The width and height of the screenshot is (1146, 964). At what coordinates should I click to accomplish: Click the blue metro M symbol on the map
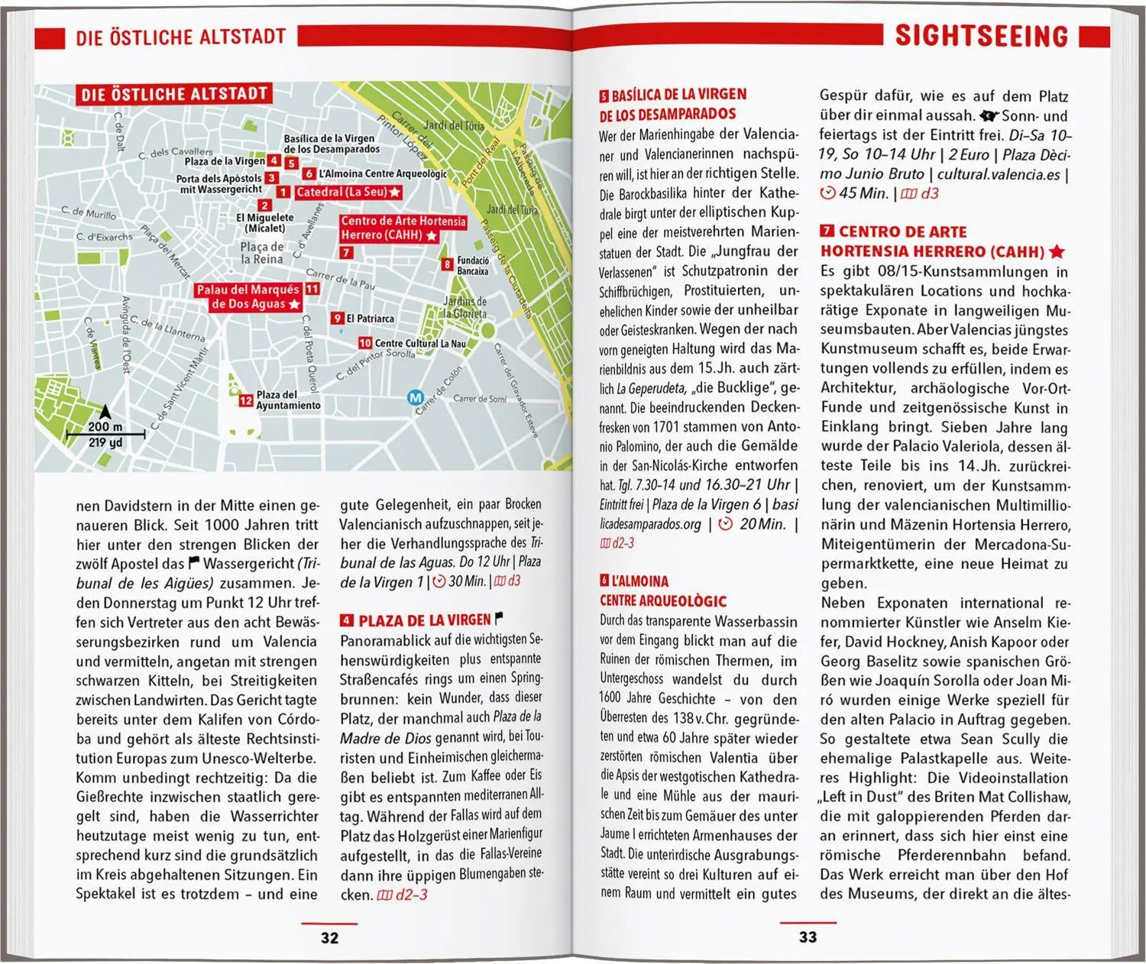point(415,398)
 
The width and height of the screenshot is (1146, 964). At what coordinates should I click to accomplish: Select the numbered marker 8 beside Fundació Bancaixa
point(447,264)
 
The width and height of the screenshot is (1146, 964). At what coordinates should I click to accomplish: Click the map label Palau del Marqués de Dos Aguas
point(248,297)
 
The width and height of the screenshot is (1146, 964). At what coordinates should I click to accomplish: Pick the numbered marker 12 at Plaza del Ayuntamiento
point(245,400)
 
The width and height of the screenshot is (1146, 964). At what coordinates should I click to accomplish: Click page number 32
point(329,937)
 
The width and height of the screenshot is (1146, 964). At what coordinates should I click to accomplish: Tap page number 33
point(808,937)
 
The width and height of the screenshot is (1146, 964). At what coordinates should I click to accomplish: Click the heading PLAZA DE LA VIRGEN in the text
point(425,619)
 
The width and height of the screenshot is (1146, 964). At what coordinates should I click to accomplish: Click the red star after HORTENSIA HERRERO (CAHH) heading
point(1057,251)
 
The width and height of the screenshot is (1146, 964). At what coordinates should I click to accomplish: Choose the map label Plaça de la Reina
point(261,253)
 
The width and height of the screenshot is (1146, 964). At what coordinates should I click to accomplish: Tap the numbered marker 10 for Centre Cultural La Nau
point(364,344)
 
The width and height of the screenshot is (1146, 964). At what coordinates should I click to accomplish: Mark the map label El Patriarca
point(370,319)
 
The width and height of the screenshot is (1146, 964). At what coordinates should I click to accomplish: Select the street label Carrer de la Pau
point(340,279)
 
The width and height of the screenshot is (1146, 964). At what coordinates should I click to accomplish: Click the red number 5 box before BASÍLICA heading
point(604,95)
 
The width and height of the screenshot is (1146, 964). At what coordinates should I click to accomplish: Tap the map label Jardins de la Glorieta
point(465,308)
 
